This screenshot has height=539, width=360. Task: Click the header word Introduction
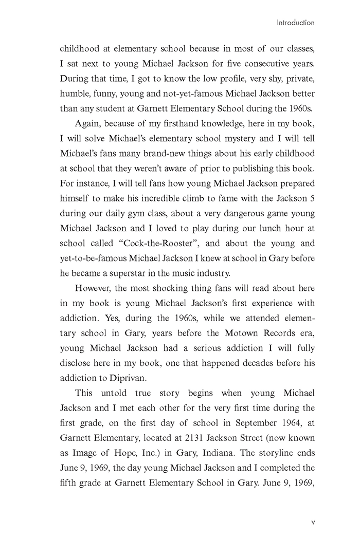pyautogui.click(x=295, y=23)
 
